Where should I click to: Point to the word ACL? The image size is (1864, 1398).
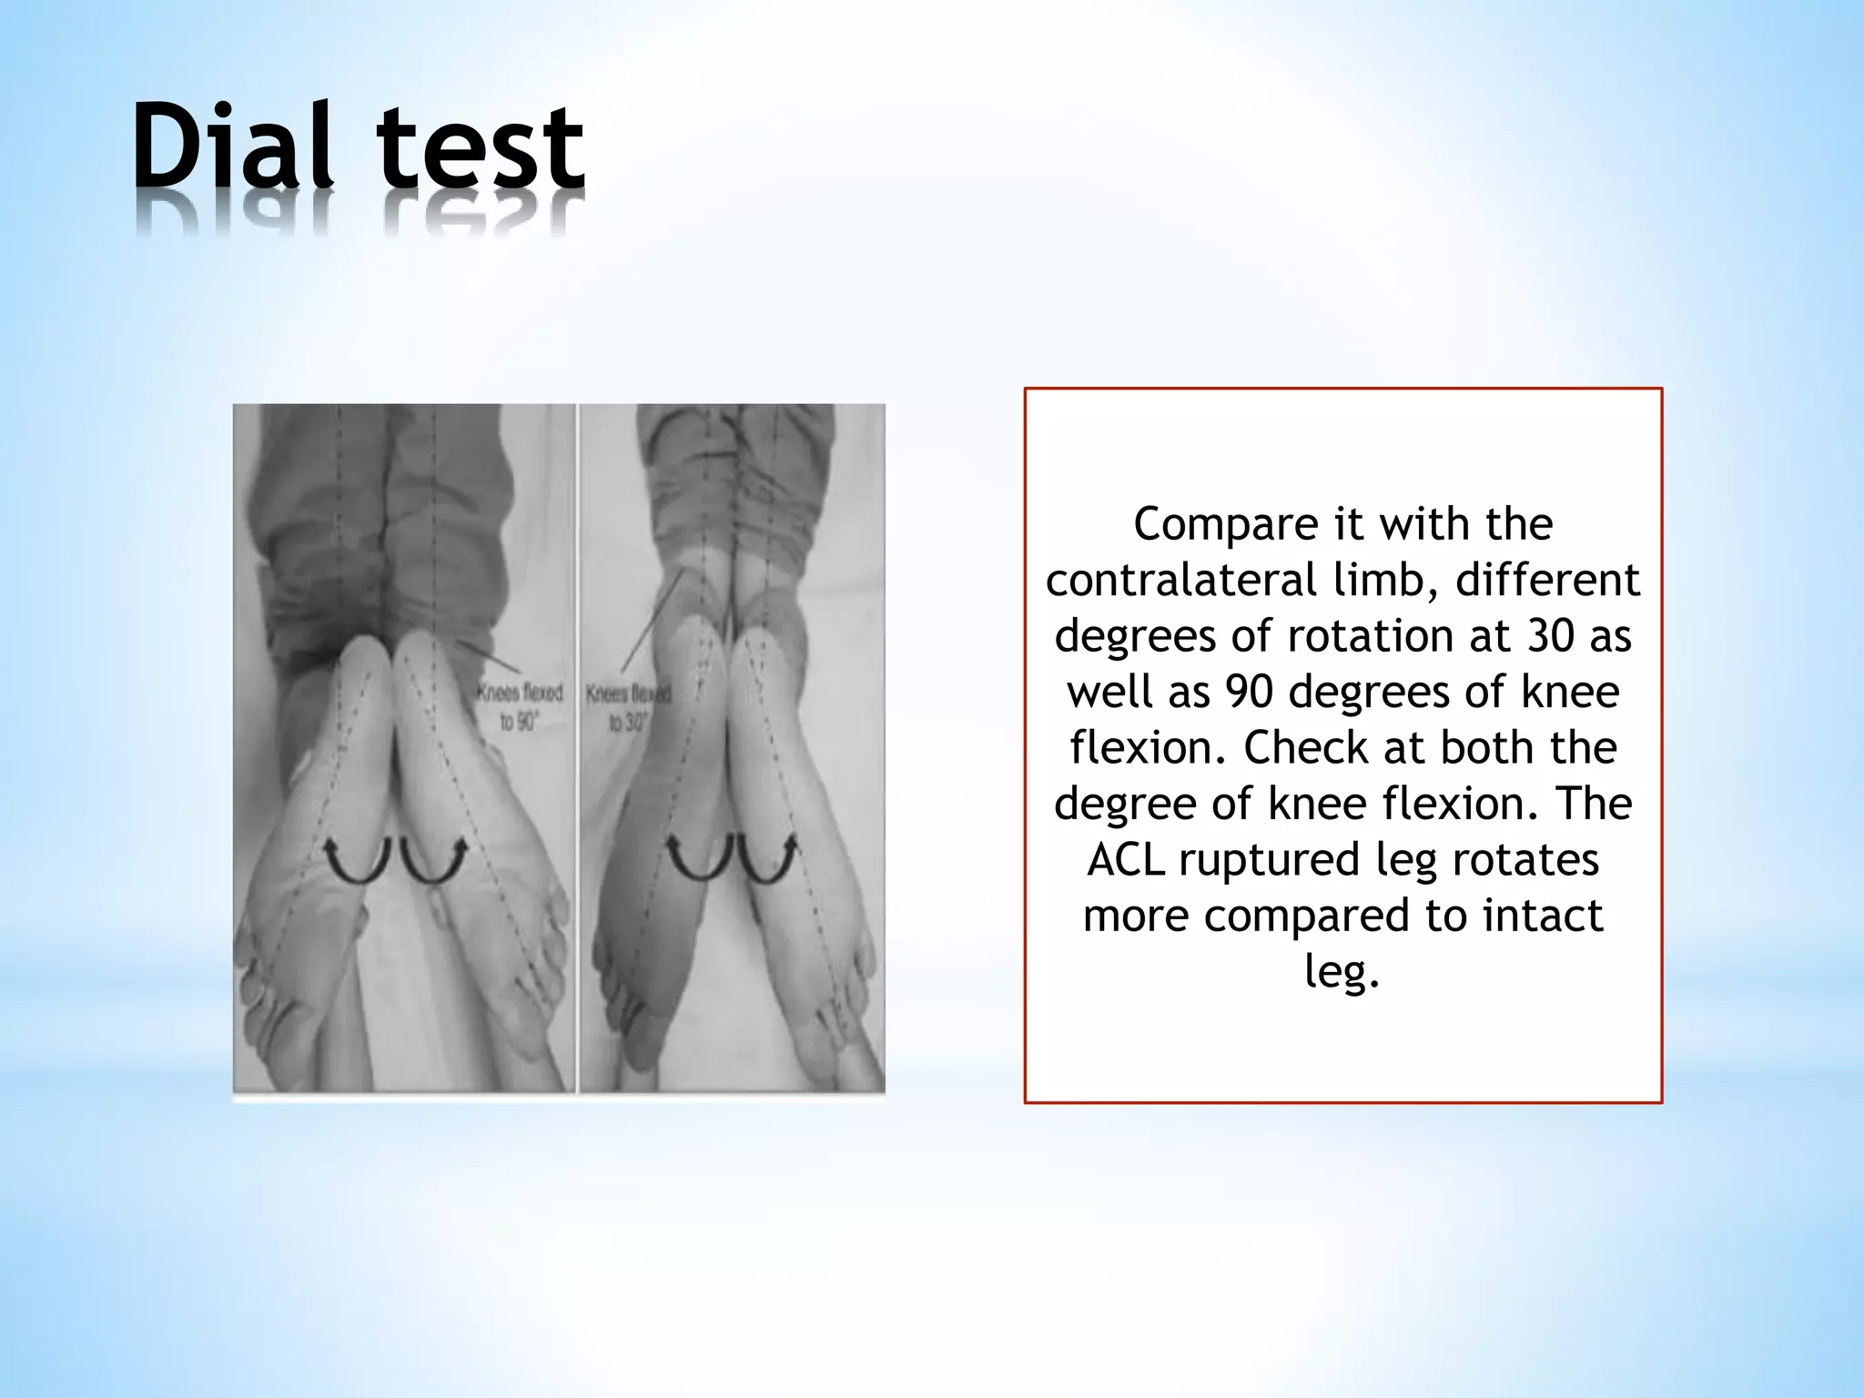[1126, 859]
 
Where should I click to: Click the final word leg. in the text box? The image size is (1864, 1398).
[1342, 970]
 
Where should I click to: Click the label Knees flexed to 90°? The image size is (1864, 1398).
[520, 707]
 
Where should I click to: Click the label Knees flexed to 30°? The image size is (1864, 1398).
[627, 707]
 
